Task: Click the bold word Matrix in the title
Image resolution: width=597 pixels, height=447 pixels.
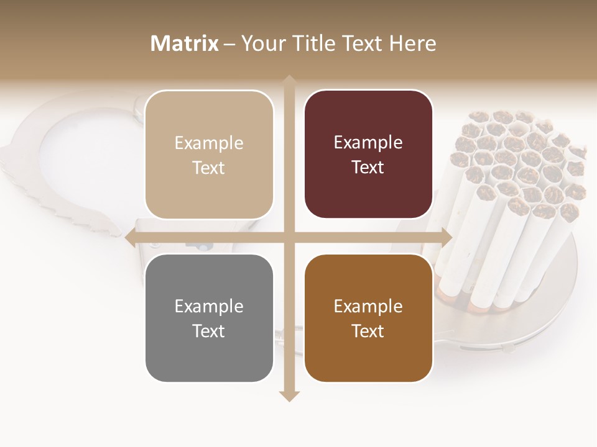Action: (185, 43)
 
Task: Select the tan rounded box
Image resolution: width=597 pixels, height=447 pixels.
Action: (209, 155)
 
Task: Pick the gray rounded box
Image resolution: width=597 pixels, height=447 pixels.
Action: (209, 318)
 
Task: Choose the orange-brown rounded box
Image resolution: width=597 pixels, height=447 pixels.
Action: (368, 318)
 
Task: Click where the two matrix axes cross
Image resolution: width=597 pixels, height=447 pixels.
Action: (289, 237)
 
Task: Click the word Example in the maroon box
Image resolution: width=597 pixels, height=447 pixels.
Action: (368, 142)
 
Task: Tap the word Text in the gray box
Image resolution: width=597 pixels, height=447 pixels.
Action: (209, 331)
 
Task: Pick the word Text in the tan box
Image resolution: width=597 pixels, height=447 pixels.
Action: (209, 168)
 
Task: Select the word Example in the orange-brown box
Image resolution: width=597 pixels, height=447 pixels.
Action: (368, 306)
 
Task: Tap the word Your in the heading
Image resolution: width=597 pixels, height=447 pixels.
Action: (261, 43)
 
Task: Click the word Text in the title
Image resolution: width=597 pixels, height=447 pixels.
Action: (361, 43)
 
